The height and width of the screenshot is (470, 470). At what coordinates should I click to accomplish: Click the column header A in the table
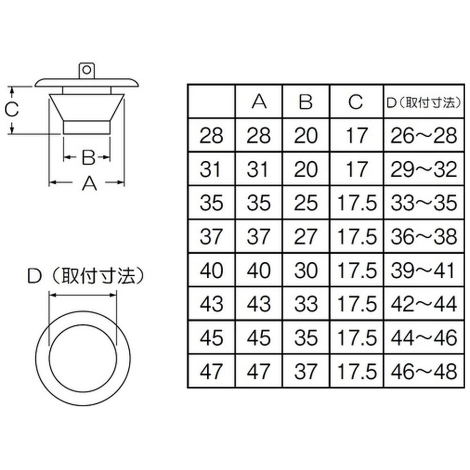259,102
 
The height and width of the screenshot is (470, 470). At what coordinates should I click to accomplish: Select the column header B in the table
306,102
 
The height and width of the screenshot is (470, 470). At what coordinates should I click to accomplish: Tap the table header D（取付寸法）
423,102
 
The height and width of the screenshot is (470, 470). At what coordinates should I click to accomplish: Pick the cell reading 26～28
424,135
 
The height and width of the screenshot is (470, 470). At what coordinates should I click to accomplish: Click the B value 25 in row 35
306,203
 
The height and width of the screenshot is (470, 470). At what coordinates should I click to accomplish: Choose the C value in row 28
356,135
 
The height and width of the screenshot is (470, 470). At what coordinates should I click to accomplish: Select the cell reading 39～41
423,270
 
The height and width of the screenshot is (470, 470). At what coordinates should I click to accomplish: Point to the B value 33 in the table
306,304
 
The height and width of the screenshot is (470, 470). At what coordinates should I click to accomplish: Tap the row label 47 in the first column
211,371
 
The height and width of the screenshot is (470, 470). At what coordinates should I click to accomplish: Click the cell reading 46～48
424,371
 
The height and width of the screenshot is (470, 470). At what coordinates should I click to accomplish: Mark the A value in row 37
258,236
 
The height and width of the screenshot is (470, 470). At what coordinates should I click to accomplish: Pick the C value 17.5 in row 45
357,337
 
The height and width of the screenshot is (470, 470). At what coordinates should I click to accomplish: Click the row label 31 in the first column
211,169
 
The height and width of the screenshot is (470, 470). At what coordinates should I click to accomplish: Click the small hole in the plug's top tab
86,70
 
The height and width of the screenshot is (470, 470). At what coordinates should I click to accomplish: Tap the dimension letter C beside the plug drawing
12,109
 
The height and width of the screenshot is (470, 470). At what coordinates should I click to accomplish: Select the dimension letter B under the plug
88,157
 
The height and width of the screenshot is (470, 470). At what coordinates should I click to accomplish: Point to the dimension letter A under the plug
89,183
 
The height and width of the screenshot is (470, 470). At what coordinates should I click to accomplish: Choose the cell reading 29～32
424,169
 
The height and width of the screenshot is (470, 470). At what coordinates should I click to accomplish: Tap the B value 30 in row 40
306,270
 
